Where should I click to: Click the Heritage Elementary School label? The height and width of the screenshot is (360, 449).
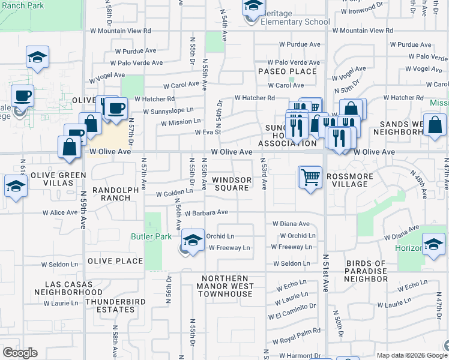[x=295, y=22]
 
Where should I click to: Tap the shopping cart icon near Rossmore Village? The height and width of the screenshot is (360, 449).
[x=310, y=177]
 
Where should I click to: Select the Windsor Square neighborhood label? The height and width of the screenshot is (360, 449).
[x=231, y=184]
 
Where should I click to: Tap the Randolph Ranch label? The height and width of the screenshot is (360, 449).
[x=116, y=194]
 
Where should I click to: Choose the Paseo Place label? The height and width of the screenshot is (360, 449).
[x=287, y=71]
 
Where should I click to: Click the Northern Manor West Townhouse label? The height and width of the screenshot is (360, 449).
[x=224, y=286]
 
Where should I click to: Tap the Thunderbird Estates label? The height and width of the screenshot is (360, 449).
[x=110, y=305]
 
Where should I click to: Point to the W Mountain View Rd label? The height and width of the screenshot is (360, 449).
[x=120, y=30]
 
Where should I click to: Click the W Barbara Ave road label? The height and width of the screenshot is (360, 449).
[x=206, y=212]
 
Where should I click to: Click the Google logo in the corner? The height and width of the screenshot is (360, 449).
[x=20, y=352]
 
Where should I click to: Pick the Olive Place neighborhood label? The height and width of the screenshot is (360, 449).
[x=115, y=261]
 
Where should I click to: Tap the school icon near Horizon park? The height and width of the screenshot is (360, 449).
[x=433, y=244]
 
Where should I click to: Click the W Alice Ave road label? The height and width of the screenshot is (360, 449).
[x=60, y=212]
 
